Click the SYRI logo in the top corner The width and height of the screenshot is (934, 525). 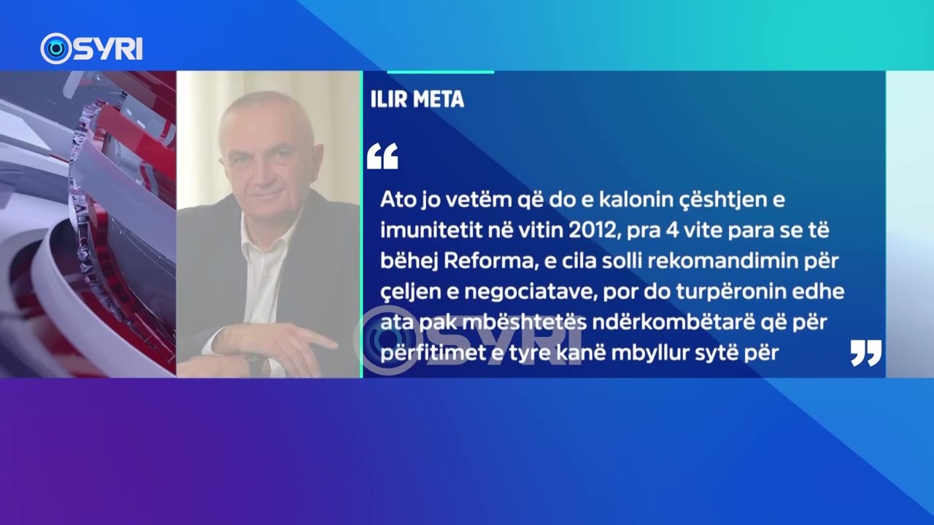coord(91,49)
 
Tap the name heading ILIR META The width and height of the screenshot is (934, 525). coord(417,100)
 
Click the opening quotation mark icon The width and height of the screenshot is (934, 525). coord(382,156)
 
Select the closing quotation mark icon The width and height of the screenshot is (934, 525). coord(866,353)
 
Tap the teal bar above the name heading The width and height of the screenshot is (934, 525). coord(440,72)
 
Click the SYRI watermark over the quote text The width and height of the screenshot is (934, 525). coord(467,337)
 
